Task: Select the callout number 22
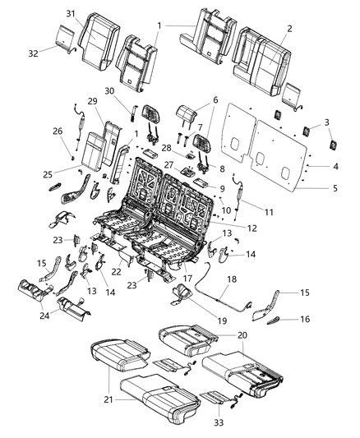pos(117,272)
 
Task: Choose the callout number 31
pos(71,12)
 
